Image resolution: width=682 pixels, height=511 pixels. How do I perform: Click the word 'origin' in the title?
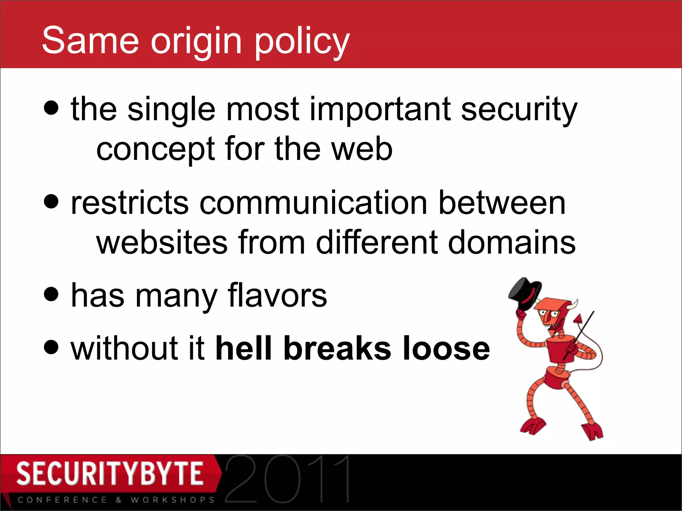click(196, 42)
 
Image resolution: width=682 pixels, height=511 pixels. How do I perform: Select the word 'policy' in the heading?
click(302, 42)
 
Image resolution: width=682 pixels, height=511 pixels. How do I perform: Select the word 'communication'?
click(313, 203)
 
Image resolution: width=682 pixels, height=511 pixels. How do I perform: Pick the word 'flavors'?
click(277, 295)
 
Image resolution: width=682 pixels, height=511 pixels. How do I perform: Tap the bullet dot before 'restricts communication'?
click(51, 201)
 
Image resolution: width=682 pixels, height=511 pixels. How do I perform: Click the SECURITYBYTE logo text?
click(110, 473)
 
